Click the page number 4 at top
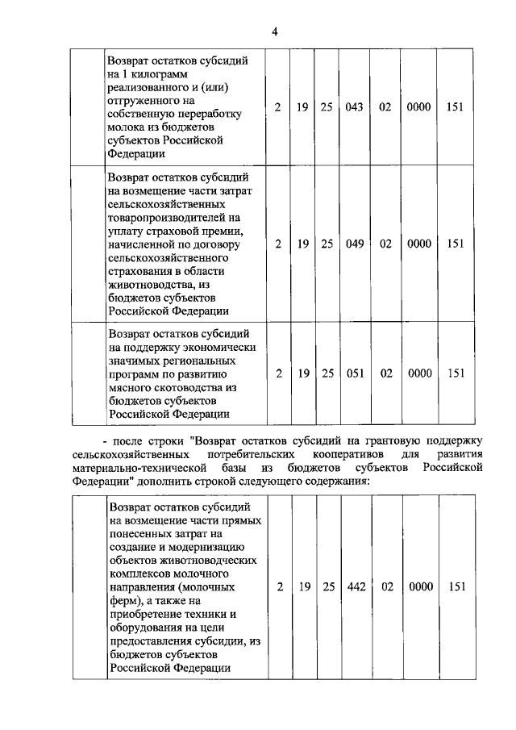274,31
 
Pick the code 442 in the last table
356,587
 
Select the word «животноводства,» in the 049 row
148,283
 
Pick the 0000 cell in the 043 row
419,107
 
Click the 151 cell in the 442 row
456,587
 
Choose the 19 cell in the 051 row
303,373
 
